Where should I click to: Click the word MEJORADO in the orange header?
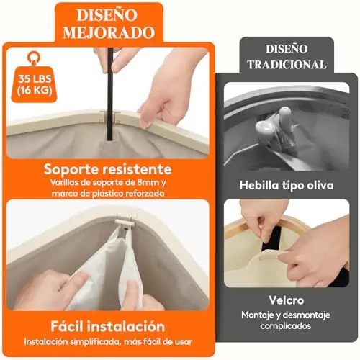click(109, 32)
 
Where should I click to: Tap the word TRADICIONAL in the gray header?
click(287, 65)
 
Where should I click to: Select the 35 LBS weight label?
click(35, 79)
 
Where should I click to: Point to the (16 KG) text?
click(35, 91)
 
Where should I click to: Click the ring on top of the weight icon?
click(34, 58)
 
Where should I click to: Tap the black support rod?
click(111, 94)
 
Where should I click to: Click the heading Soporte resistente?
click(108, 169)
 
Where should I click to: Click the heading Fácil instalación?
click(108, 327)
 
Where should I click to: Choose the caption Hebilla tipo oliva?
click(287, 185)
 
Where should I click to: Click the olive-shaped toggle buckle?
click(275, 126)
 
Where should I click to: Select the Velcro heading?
click(287, 300)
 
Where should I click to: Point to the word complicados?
click(286, 326)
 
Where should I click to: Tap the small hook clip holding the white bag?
click(124, 222)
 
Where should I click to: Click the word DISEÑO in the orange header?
click(107, 15)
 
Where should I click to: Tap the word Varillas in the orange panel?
click(63, 183)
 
